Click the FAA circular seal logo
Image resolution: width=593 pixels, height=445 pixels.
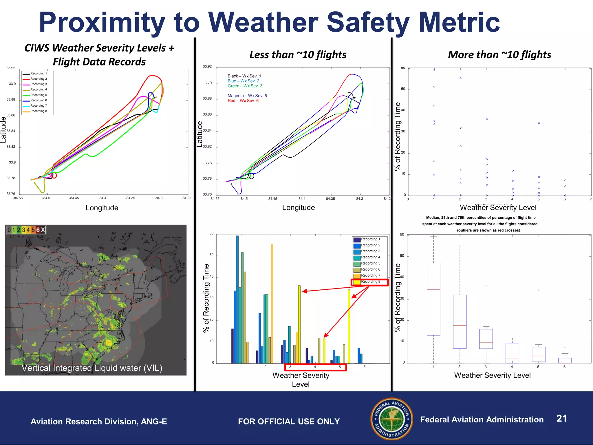click(x=392, y=419)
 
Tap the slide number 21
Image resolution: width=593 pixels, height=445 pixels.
click(x=561, y=418)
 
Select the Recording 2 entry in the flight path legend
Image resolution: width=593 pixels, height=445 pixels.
click(x=38, y=79)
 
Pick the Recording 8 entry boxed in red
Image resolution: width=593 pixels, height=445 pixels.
click(x=370, y=282)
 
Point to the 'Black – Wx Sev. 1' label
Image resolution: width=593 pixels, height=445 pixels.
click(x=244, y=76)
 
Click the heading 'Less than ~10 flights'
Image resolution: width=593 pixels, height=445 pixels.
click(x=298, y=54)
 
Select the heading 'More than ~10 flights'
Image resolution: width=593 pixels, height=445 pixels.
click(x=499, y=54)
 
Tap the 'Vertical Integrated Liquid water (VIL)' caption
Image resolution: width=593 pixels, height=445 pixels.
click(x=92, y=368)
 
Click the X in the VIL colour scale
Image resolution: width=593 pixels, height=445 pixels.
click(x=43, y=230)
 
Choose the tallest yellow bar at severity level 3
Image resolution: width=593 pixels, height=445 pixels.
click(x=299, y=324)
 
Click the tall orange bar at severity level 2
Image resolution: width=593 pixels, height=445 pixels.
click(x=272, y=304)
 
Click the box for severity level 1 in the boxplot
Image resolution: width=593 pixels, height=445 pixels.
click(x=433, y=299)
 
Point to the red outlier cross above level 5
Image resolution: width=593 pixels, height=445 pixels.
click(x=539, y=290)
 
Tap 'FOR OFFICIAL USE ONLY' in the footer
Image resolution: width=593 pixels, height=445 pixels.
click(x=289, y=421)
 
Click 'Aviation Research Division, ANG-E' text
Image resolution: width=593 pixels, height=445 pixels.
click(x=99, y=421)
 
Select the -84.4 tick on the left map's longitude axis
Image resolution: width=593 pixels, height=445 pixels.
click(x=102, y=198)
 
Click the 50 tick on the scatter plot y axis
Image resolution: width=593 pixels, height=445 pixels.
click(x=403, y=89)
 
